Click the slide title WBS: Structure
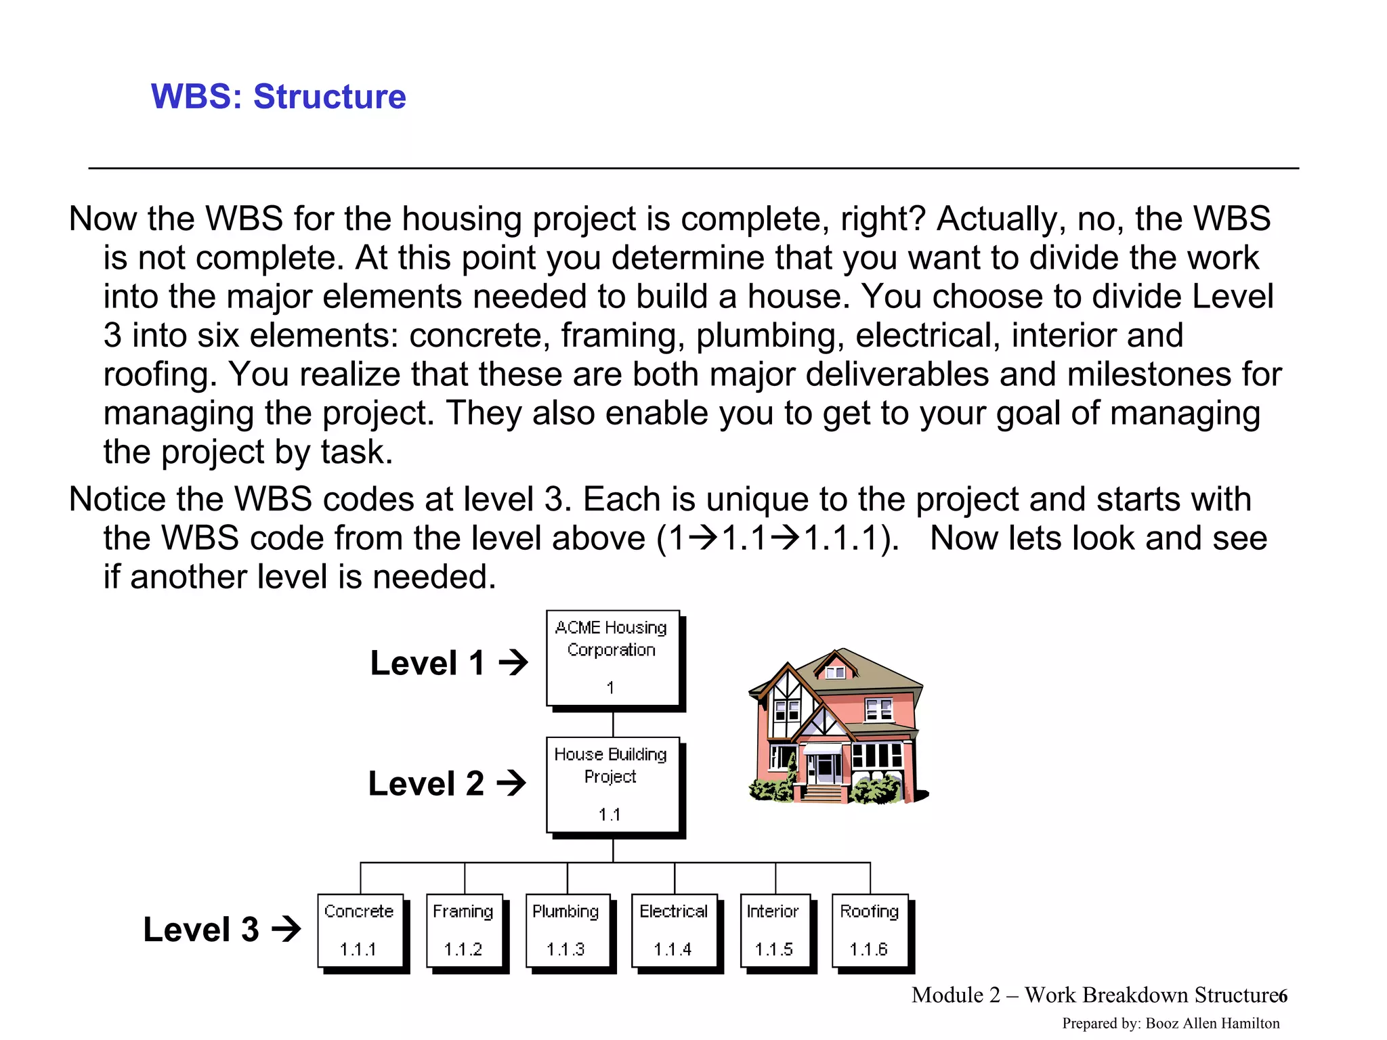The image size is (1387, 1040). pos(278,96)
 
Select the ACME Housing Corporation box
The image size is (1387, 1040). pos(612,658)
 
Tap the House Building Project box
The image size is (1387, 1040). pos(612,785)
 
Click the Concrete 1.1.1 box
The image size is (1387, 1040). pos(360,930)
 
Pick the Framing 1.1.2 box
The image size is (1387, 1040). pos(465,930)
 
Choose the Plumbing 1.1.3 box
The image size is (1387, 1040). pos(568,930)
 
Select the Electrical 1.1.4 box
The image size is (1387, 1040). pos(674,930)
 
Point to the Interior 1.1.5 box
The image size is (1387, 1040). pos(775,930)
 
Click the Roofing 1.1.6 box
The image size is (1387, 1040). pos(870,930)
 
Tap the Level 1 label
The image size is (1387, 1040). pos(427,663)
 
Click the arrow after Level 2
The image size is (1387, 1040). pos(511,783)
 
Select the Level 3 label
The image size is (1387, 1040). pos(201,930)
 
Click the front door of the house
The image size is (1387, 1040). pos(826,769)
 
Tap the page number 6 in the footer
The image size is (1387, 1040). pos(1282,996)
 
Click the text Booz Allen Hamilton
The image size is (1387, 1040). pos(1212,1023)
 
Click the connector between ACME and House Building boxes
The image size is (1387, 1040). pos(613,723)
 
